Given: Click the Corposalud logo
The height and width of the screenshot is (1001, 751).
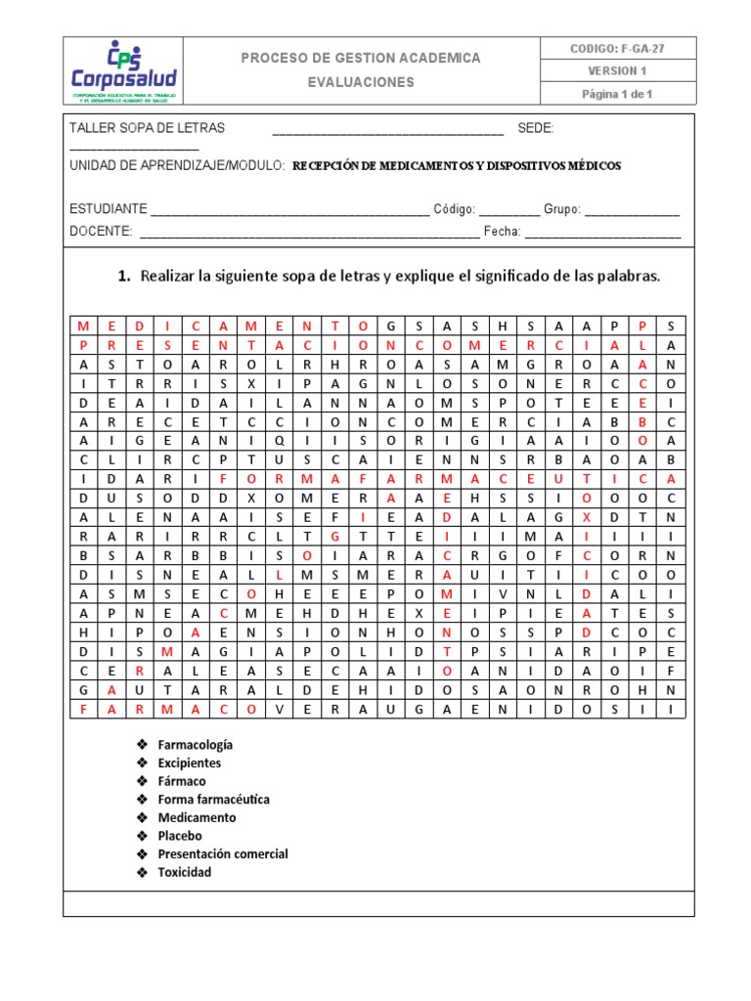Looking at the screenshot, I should pyautogui.click(x=124, y=71).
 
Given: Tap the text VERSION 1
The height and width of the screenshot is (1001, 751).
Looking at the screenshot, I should pyautogui.click(x=618, y=71).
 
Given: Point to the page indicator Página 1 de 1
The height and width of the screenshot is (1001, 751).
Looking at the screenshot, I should pyautogui.click(x=617, y=94).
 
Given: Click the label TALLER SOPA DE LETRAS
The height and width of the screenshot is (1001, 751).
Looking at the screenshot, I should pyautogui.click(x=147, y=128).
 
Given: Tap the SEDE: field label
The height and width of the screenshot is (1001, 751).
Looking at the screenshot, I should pyautogui.click(x=536, y=128).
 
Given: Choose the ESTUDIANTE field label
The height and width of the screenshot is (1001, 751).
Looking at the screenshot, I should pyautogui.click(x=109, y=209).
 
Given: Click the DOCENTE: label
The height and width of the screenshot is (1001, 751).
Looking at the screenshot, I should pyautogui.click(x=102, y=231).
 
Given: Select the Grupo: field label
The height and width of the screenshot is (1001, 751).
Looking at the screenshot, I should pyautogui.click(x=562, y=209).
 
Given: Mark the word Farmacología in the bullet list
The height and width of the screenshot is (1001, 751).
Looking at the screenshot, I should pyautogui.click(x=196, y=745).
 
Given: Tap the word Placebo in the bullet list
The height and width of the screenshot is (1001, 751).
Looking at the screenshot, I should pyautogui.click(x=180, y=836).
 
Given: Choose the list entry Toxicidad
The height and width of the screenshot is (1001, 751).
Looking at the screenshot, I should pyautogui.click(x=185, y=872).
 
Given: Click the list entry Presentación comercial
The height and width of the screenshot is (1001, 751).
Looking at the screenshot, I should pyautogui.click(x=223, y=853).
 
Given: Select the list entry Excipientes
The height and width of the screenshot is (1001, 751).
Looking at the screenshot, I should pyautogui.click(x=190, y=762).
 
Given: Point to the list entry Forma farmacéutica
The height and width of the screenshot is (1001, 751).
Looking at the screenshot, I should pyautogui.click(x=214, y=799).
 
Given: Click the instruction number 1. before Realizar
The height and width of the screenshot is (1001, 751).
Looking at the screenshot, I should pyautogui.click(x=124, y=277).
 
